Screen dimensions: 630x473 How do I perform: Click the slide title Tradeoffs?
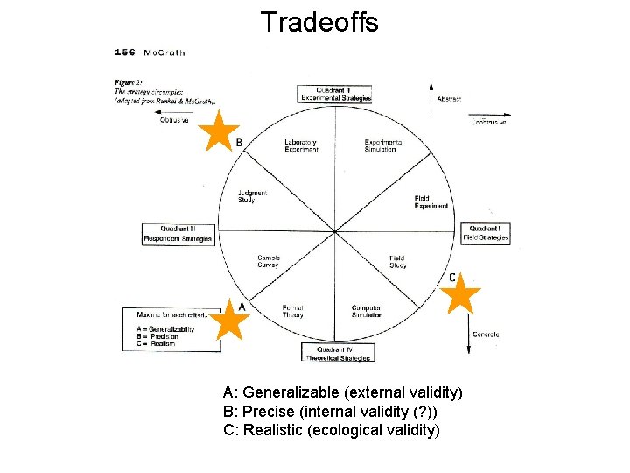click(318, 21)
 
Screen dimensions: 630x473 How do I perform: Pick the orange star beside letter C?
click(460, 295)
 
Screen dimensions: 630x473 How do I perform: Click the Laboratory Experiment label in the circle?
click(300, 145)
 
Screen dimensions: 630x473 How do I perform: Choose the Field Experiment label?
click(431, 202)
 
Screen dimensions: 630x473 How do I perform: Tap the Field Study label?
click(397, 262)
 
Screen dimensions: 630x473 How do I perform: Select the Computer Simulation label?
click(366, 311)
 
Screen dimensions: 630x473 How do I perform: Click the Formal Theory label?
click(293, 311)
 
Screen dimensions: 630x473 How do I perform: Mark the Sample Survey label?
click(269, 262)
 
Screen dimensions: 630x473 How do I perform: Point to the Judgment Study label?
click(252, 196)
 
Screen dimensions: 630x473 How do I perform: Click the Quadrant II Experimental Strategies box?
click(335, 94)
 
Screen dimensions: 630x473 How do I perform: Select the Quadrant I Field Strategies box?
click(485, 233)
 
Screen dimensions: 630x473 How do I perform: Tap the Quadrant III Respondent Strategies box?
click(178, 234)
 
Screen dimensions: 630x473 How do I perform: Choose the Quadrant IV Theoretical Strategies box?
click(337, 353)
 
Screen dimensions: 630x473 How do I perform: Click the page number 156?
click(125, 53)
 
